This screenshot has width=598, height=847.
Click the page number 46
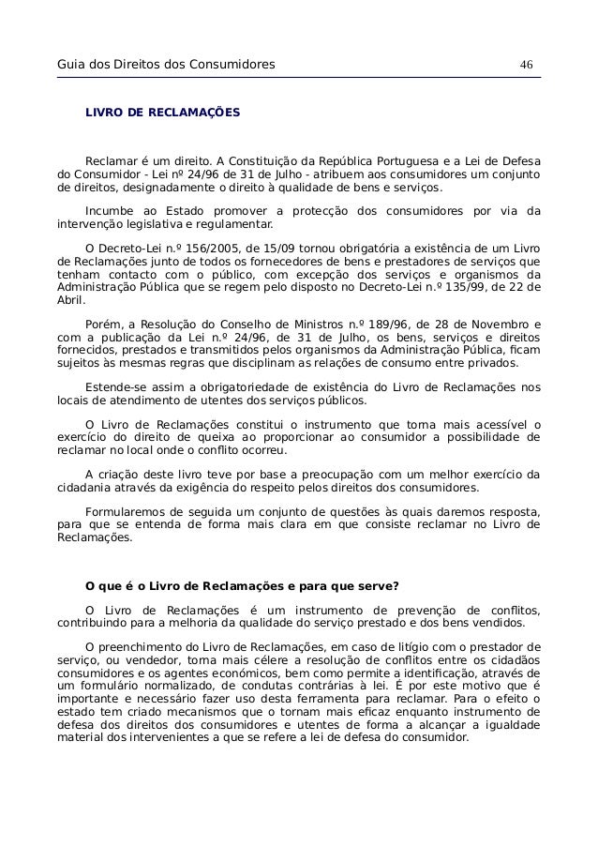coord(526,64)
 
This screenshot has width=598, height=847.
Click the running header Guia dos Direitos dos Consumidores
coord(166,64)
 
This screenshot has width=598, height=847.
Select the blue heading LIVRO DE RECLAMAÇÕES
coord(162,113)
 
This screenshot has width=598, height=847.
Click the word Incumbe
coord(109,209)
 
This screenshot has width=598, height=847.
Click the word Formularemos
coord(128,511)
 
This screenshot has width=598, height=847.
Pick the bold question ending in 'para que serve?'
coord(242,588)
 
